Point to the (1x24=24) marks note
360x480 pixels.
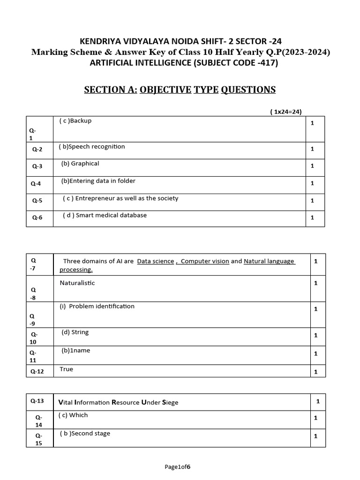(285, 112)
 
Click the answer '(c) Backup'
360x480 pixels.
(75, 121)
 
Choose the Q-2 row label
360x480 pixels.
(37, 150)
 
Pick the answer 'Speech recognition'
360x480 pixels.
(97, 147)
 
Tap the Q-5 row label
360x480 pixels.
(37, 201)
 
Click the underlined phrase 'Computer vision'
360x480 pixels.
(205, 262)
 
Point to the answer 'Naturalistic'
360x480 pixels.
(77, 283)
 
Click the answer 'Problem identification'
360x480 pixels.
(101, 307)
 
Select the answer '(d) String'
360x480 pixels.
(75, 332)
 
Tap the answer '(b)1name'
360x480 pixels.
(75, 351)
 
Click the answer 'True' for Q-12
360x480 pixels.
(67, 369)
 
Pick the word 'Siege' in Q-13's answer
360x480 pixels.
(170, 403)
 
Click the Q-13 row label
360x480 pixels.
(37, 401)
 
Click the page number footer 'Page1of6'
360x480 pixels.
(178, 467)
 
